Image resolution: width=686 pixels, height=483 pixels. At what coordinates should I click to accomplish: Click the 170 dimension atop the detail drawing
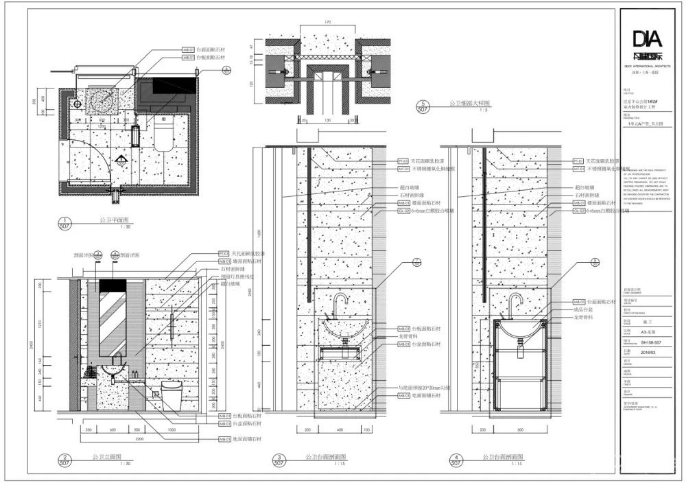click(326, 23)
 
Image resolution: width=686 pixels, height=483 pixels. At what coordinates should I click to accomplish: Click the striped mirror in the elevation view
click(110, 319)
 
